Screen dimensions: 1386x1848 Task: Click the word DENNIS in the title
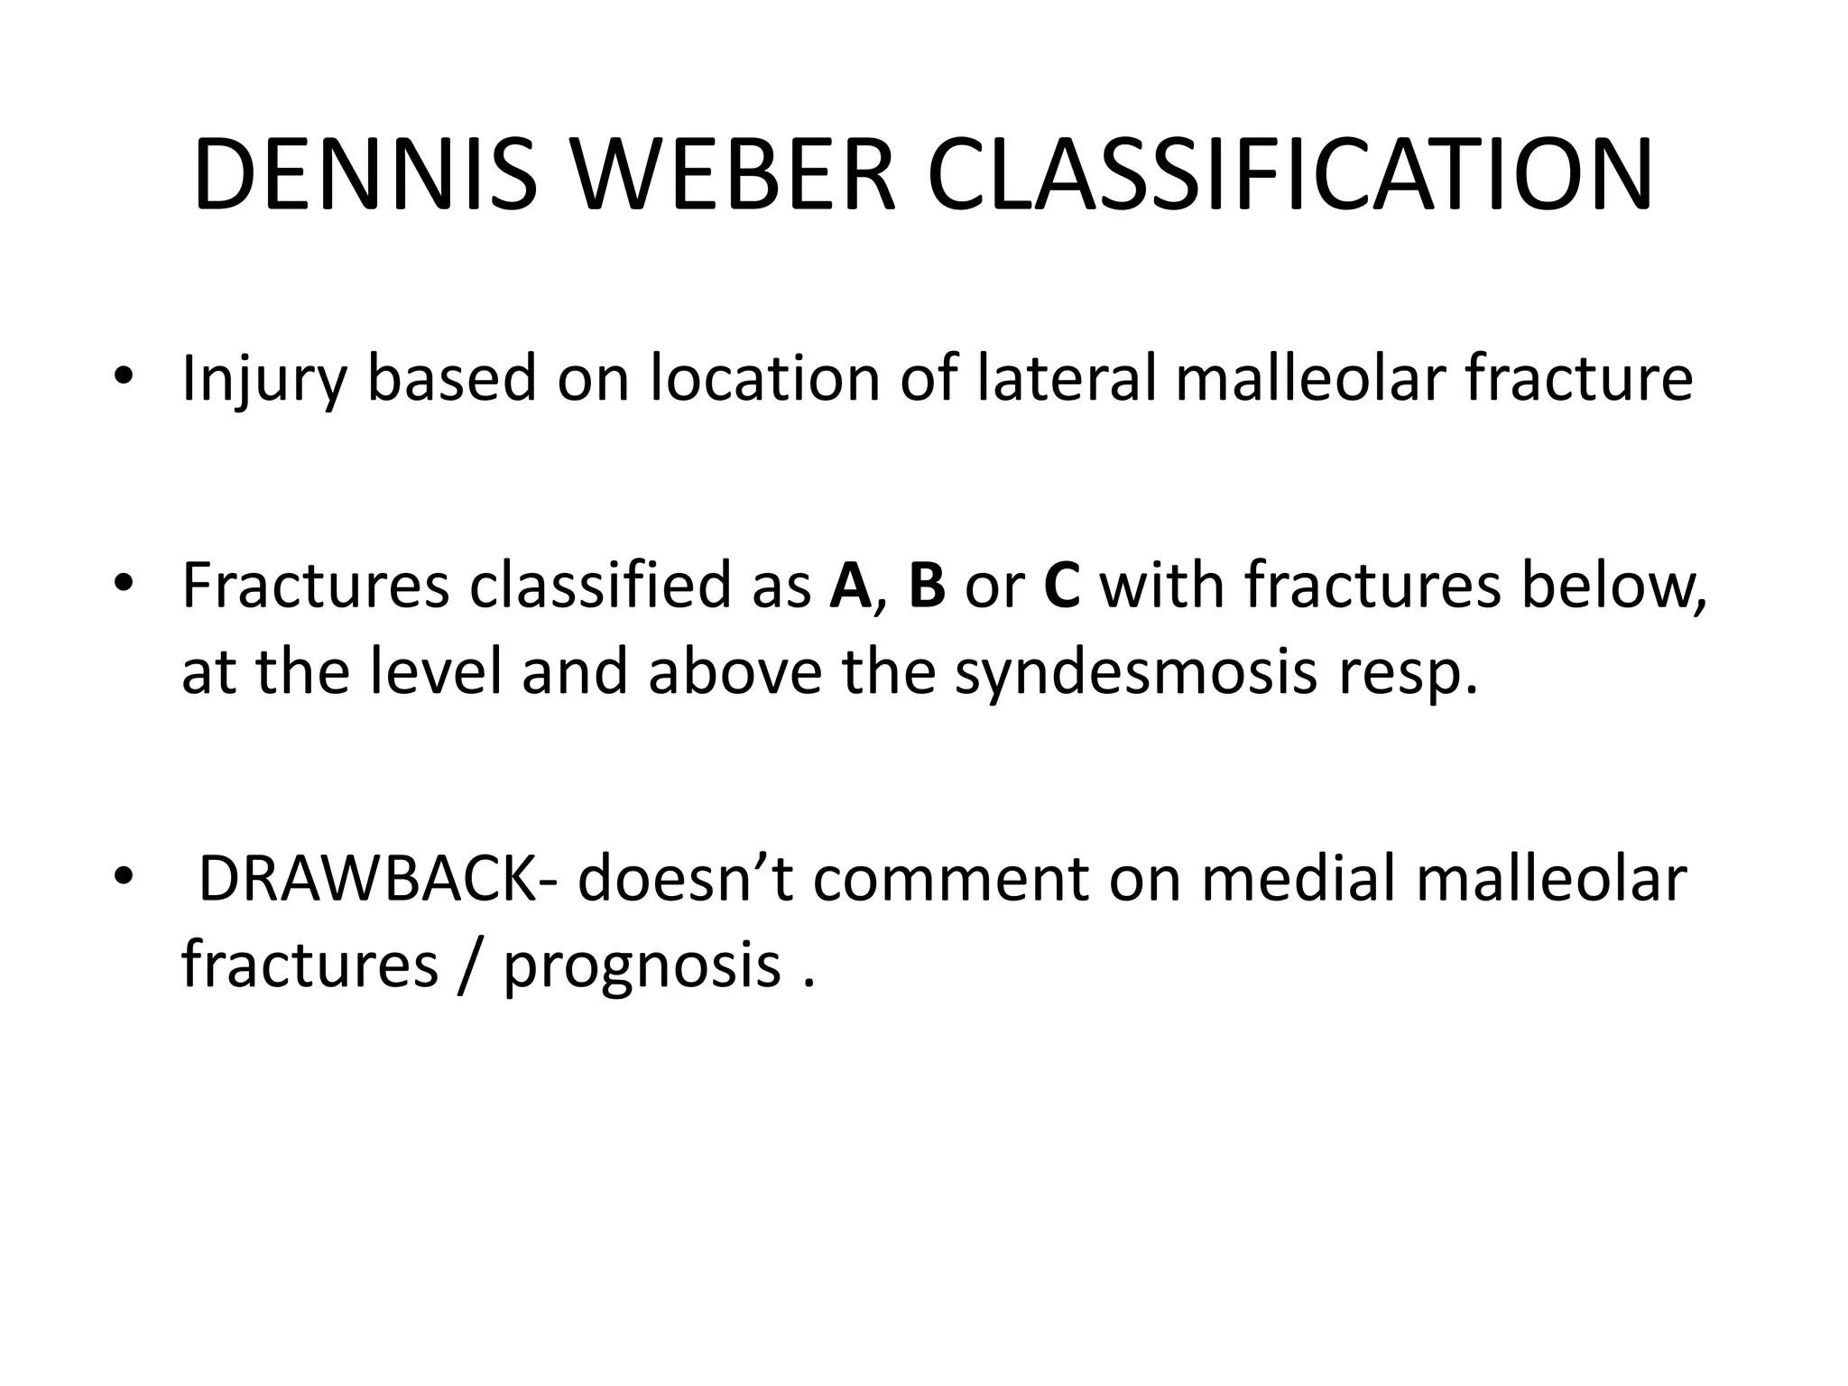click(365, 175)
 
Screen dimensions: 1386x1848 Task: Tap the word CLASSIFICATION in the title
click(1290, 175)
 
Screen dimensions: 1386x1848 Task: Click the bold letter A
click(848, 586)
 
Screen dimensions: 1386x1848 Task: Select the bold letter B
click(927, 586)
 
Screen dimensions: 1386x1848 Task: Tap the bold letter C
click(1061, 586)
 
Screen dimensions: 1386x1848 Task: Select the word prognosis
click(642, 966)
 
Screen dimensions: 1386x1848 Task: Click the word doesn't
click(686, 879)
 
